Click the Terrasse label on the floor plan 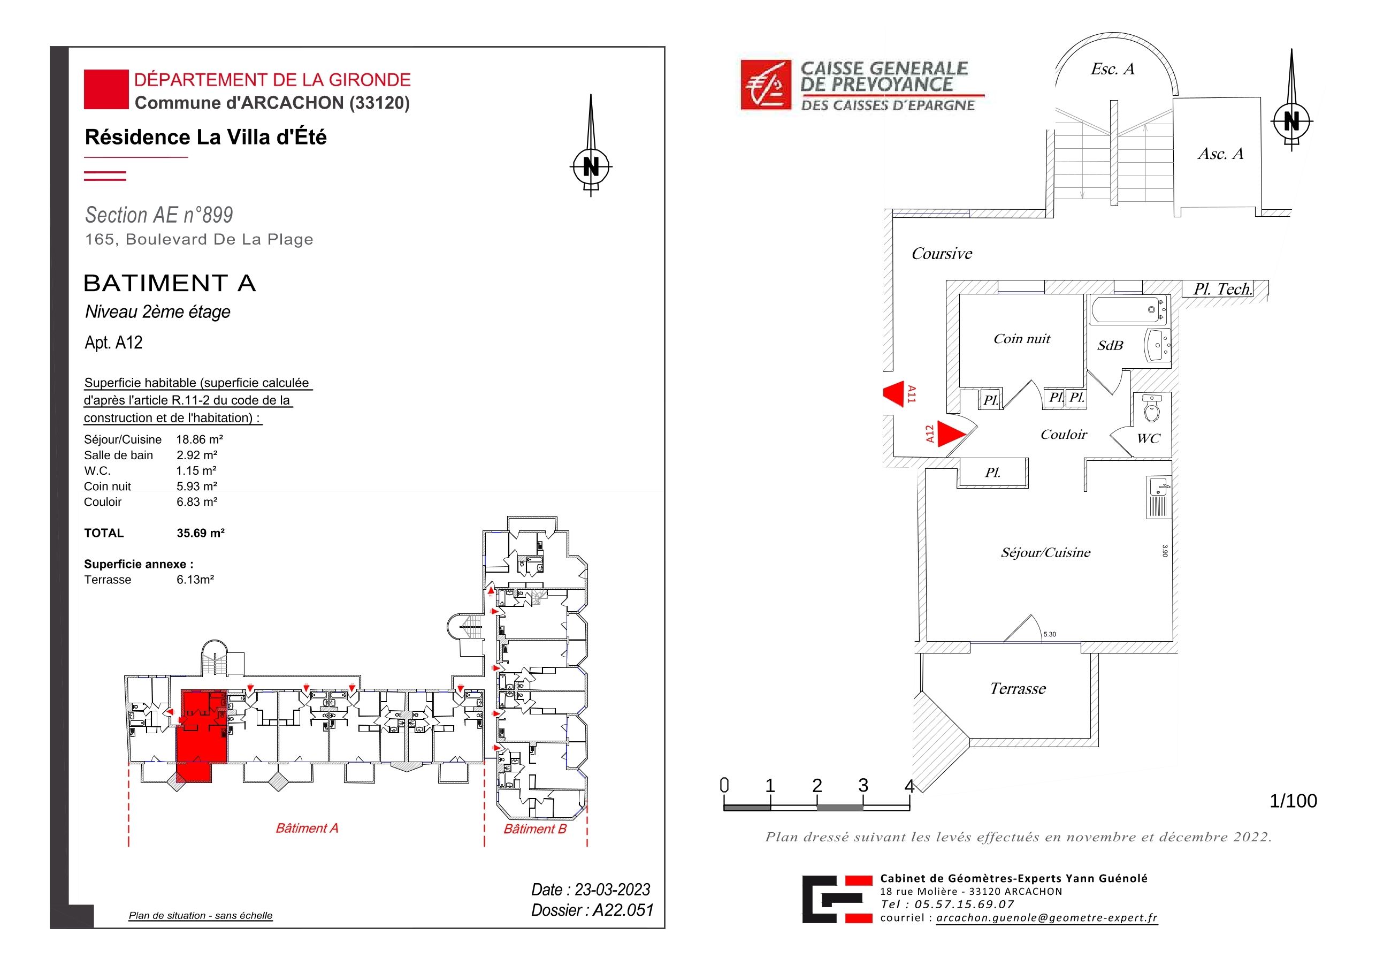1018,688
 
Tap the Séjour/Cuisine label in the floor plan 1045,553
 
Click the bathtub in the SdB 1128,310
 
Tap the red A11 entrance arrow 893,394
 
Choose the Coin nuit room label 1022,339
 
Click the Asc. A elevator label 1220,154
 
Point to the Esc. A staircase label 1112,69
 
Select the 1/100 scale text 1293,801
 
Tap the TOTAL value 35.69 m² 200,533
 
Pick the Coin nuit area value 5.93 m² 196,486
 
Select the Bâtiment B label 534,829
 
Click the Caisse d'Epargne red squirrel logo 766,85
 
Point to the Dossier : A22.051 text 592,910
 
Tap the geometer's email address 1047,918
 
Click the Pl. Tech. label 1222,289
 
